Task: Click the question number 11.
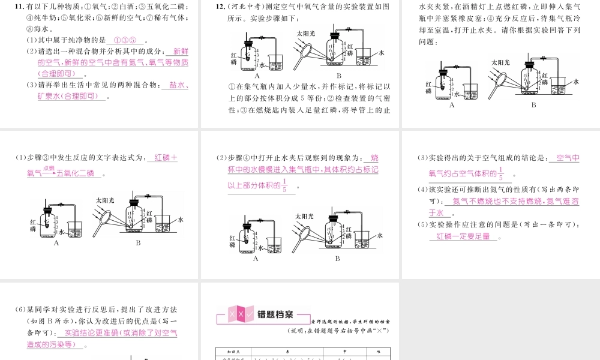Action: click(20, 7)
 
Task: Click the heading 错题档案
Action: click(275, 314)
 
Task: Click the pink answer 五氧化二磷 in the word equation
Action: click(74, 174)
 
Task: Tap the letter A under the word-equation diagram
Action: click(56, 243)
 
